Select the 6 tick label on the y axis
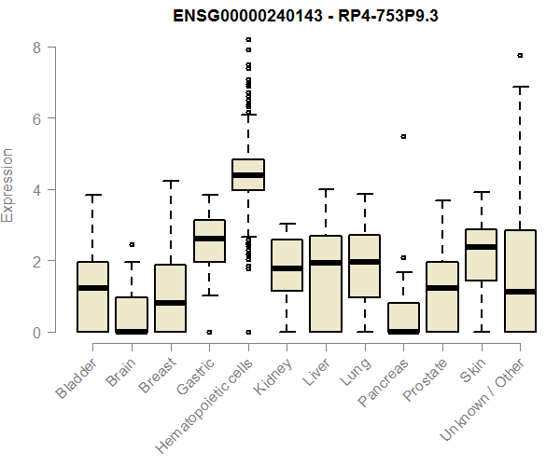point(37,118)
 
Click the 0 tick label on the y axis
point(37,332)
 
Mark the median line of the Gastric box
point(209,239)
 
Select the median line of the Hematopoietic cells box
point(248,175)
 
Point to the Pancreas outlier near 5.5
point(403,136)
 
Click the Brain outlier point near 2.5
point(132,244)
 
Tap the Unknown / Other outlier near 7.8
point(520,55)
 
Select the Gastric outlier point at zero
point(209,332)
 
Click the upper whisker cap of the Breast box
point(171,181)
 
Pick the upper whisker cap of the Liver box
point(326,189)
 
